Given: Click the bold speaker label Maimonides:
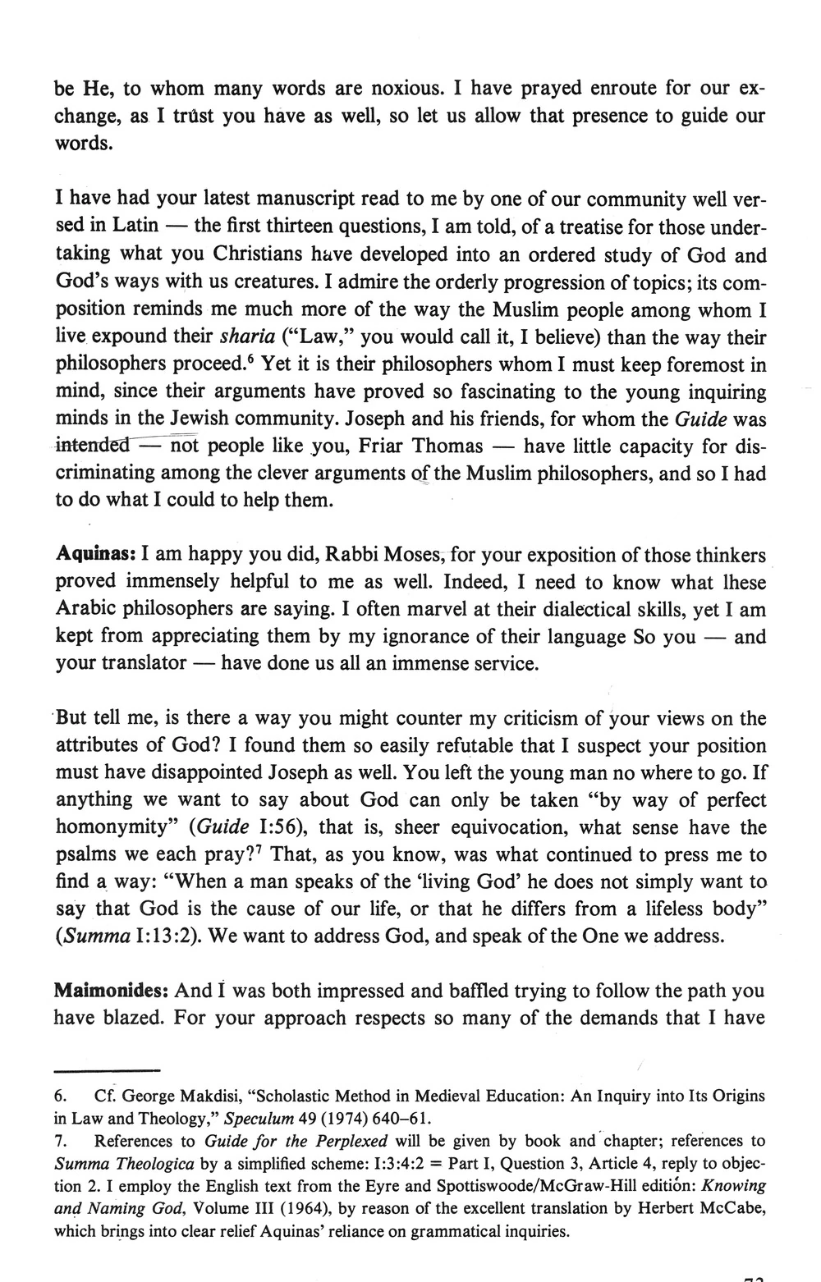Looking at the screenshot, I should click(111, 991).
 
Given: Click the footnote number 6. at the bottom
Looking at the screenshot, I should click(62, 1096).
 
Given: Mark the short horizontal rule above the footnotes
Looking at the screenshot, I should click(106, 1070).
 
